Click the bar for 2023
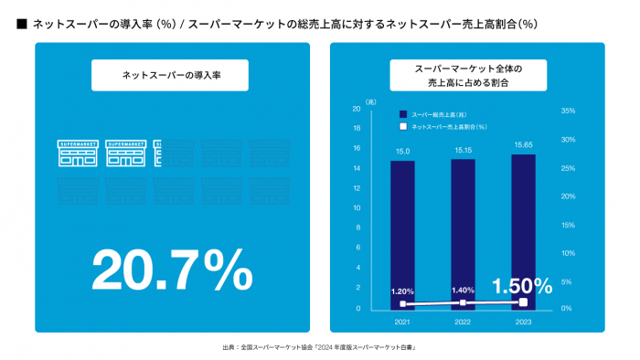523,228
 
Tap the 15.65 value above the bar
524,144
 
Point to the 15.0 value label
402,151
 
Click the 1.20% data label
402,291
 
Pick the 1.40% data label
463,290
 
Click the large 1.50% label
522,285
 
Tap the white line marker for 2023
523,302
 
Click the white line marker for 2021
402,303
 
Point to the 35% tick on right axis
566,111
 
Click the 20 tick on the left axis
357,110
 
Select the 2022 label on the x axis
463,322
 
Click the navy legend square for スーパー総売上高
401,114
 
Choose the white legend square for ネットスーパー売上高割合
401,126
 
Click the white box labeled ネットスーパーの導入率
170,75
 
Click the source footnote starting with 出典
319,348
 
